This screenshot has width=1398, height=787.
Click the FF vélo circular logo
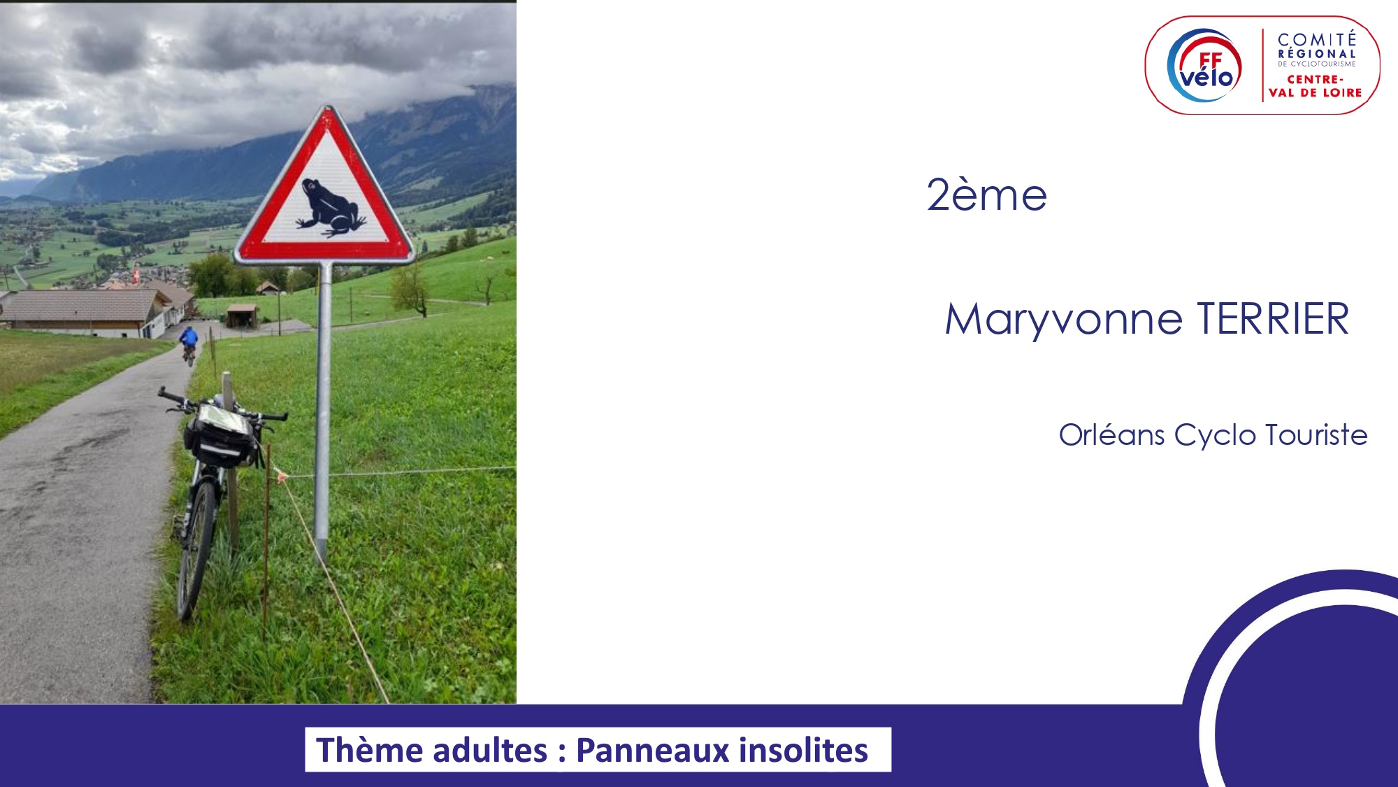(1204, 66)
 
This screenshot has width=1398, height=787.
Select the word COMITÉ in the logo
(1317, 40)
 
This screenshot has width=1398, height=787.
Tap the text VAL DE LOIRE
(1316, 92)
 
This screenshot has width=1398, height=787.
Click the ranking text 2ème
(986, 195)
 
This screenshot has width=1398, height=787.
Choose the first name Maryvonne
(1063, 320)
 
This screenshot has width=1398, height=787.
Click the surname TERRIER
(1273, 319)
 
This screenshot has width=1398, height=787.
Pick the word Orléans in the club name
(1111, 434)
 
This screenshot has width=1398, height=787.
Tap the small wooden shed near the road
(242, 315)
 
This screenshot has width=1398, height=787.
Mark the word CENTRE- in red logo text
(1316, 79)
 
